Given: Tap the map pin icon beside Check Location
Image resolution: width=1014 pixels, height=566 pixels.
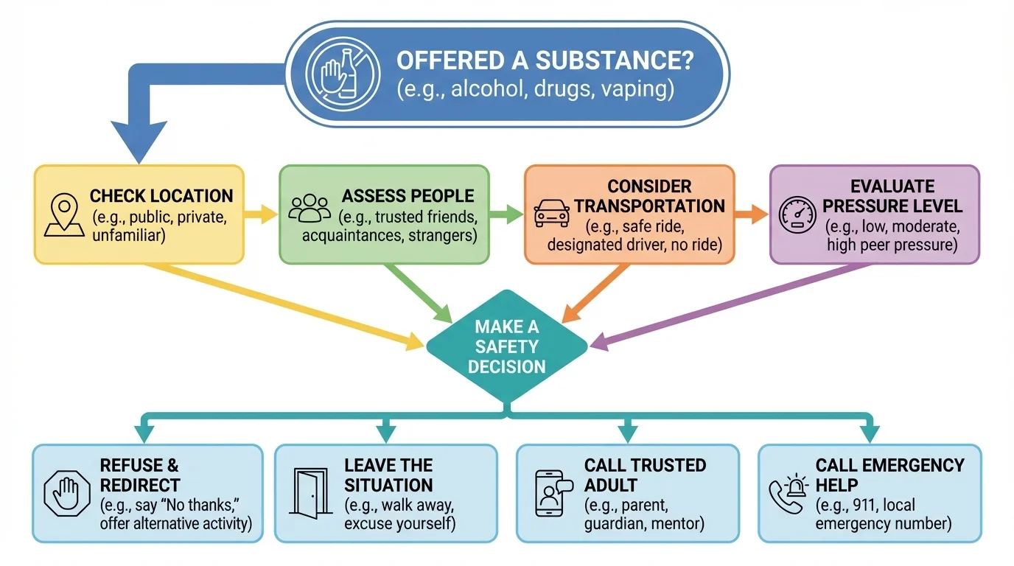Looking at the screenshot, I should coord(64,214).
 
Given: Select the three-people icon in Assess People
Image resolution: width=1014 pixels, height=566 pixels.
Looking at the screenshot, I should coord(310,208).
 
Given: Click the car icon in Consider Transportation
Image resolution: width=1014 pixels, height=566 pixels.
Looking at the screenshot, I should coord(552,212).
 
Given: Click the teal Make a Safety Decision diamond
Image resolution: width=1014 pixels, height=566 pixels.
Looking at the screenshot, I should coord(506,346).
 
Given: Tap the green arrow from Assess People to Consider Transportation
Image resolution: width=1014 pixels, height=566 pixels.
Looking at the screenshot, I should coord(506,214).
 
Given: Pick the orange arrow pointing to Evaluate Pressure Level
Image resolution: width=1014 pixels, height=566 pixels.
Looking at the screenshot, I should coord(752,214).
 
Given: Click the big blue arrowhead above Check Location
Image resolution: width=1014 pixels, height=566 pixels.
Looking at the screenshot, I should coord(139,143).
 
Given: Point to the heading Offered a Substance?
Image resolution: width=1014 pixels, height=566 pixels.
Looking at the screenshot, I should coord(545,60).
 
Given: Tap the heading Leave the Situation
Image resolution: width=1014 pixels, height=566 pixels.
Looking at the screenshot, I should coord(388,475).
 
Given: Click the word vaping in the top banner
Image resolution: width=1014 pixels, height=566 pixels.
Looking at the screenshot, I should coord(636,89).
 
